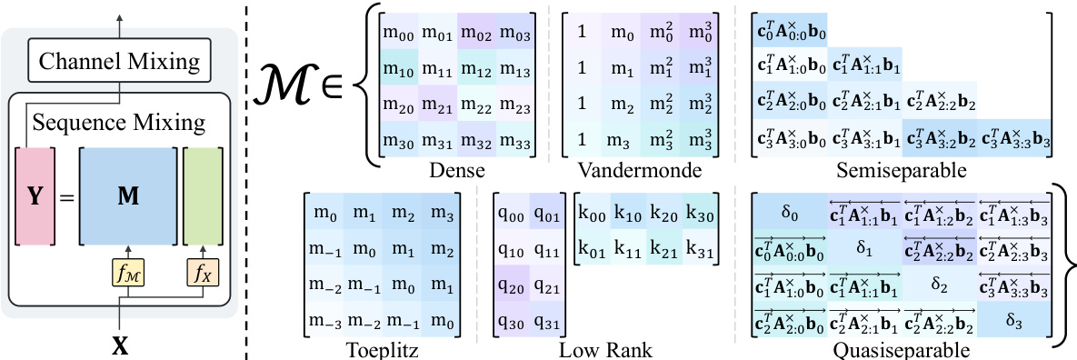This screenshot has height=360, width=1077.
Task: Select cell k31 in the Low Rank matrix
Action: [x=700, y=246]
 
